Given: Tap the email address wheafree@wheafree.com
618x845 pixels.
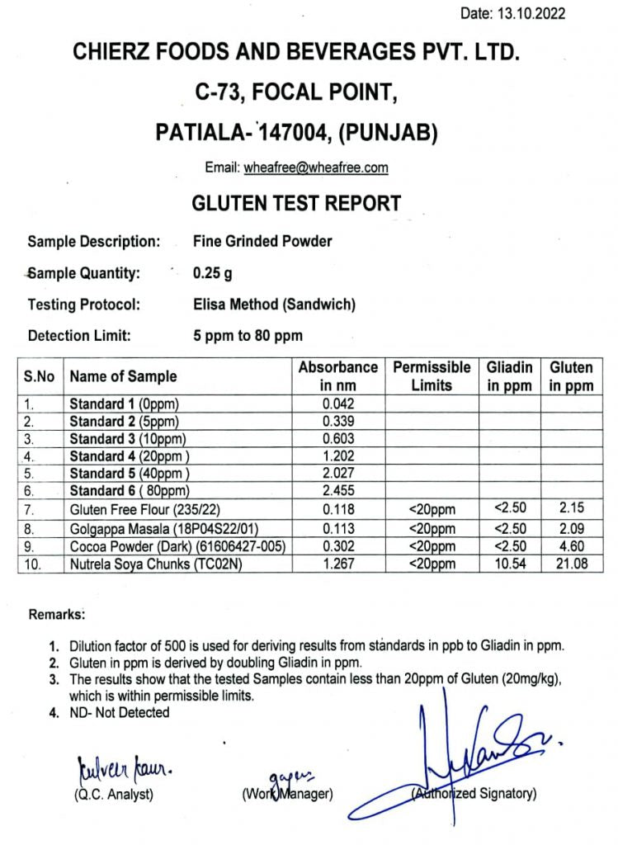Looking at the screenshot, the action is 316,168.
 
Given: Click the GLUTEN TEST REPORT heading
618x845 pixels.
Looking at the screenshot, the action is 296,203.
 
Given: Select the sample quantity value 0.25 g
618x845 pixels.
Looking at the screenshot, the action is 212,273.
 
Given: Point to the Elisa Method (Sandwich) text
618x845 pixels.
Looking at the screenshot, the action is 274,304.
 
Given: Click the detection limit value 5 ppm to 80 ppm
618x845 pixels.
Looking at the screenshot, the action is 248,336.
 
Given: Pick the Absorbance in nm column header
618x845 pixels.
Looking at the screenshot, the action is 337,376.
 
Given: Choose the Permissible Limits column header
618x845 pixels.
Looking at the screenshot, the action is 432,376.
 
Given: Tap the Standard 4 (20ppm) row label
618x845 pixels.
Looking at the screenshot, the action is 130,456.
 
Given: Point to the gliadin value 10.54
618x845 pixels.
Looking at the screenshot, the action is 509,564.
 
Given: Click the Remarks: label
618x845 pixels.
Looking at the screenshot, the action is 57,615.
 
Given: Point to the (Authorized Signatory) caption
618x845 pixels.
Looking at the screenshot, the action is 474,794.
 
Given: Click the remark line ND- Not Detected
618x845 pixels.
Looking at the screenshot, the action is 120,712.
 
